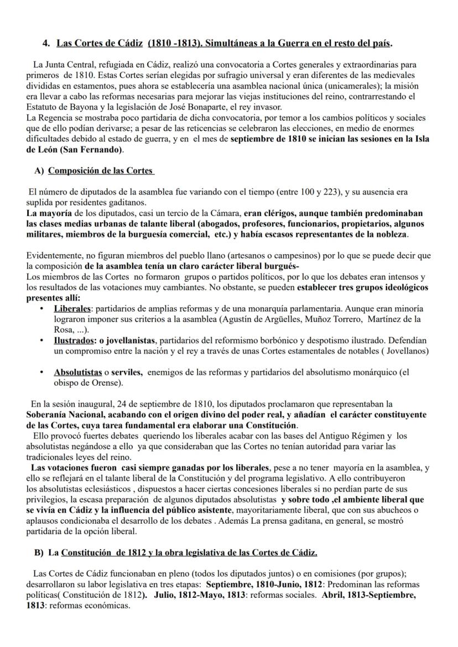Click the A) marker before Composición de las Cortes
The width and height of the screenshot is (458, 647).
tap(39, 171)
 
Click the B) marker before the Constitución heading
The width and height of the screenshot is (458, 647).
tap(39, 553)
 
